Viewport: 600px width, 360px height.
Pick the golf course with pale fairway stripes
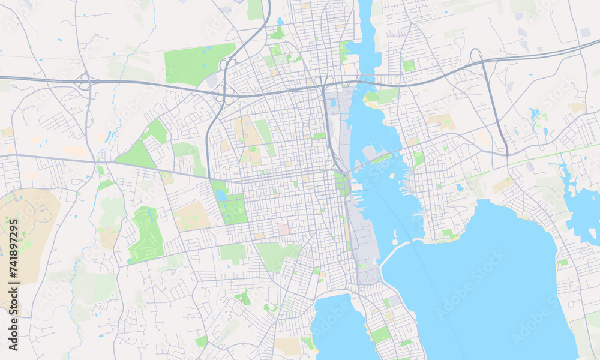[x=145, y=234]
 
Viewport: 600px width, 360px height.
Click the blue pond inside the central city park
[x=221, y=195]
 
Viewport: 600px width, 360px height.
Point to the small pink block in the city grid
[x=283, y=229]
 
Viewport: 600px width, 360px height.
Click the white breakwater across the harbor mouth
[x=393, y=251]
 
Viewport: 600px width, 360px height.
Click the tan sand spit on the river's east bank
[x=374, y=104]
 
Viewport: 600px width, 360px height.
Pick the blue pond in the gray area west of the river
[x=333, y=103]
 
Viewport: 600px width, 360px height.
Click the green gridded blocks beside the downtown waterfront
[x=341, y=184]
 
